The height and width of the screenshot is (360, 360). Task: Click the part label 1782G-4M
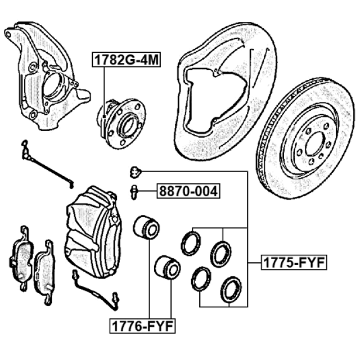click(x=126, y=60)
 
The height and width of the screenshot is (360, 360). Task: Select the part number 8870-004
click(x=188, y=191)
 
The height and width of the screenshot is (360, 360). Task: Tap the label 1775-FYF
click(x=294, y=262)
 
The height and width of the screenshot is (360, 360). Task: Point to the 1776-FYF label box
click(x=142, y=326)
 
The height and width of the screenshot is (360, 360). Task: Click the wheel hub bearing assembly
click(x=121, y=124)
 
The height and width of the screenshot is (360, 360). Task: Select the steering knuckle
click(x=46, y=76)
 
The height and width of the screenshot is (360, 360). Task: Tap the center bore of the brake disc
click(x=315, y=144)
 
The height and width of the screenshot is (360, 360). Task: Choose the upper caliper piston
click(x=146, y=227)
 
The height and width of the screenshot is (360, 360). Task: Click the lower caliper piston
click(x=168, y=267)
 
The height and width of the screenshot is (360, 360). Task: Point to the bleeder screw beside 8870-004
click(x=134, y=192)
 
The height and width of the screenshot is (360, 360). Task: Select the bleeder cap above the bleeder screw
click(x=136, y=172)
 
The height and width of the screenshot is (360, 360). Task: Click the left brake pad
click(x=21, y=258)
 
